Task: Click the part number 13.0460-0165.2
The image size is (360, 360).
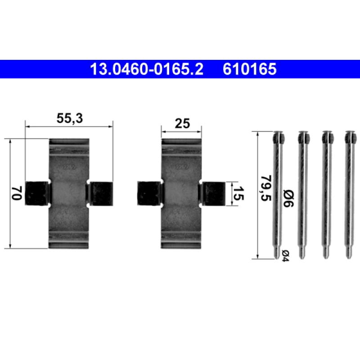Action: pyautogui.click(x=147, y=69)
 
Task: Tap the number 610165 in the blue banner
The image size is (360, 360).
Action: pyautogui.click(x=249, y=69)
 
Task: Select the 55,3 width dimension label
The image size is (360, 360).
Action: pyautogui.click(x=70, y=118)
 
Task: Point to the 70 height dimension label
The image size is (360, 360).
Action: pyautogui.click(x=17, y=193)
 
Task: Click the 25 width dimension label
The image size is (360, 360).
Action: pyautogui.click(x=183, y=123)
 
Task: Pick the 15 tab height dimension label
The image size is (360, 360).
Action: pyautogui.click(x=238, y=193)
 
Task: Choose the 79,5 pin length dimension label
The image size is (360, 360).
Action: pyautogui.click(x=266, y=188)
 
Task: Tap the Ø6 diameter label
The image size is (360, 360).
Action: pyautogui.click(x=288, y=198)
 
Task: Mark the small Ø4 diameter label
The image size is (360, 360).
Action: pyautogui.click(x=285, y=255)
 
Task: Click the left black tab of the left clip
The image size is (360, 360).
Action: pyautogui.click(x=37, y=193)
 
